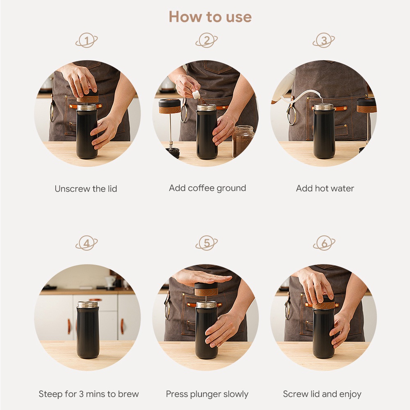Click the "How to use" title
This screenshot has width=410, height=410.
[x=210, y=17]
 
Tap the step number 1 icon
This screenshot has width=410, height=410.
[x=87, y=40]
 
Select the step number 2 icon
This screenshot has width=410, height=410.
[x=207, y=40]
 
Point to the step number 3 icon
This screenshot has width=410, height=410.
[x=324, y=40]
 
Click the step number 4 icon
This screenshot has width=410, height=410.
[x=87, y=243]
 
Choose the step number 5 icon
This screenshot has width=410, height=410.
[x=207, y=243]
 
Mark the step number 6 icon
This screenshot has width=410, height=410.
[x=324, y=243]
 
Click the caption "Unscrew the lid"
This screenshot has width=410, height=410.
[x=86, y=189]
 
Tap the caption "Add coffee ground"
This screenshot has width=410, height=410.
[x=207, y=188]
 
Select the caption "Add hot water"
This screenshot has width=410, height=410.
[x=325, y=188]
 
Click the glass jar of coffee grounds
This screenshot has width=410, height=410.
[x=243, y=142]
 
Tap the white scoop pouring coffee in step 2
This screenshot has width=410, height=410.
[x=196, y=94]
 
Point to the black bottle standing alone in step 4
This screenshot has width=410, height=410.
[x=88, y=330]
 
